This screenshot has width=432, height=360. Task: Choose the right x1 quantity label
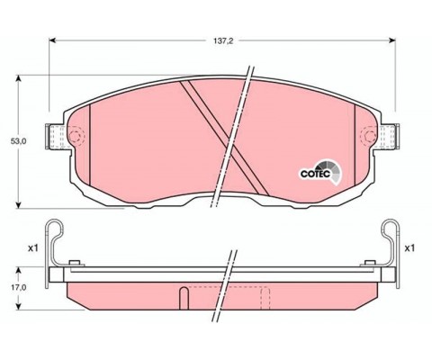(x=409, y=247)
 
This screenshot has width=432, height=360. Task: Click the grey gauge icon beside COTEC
(x=331, y=168)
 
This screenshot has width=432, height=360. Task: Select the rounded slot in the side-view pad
(x=184, y=297)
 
